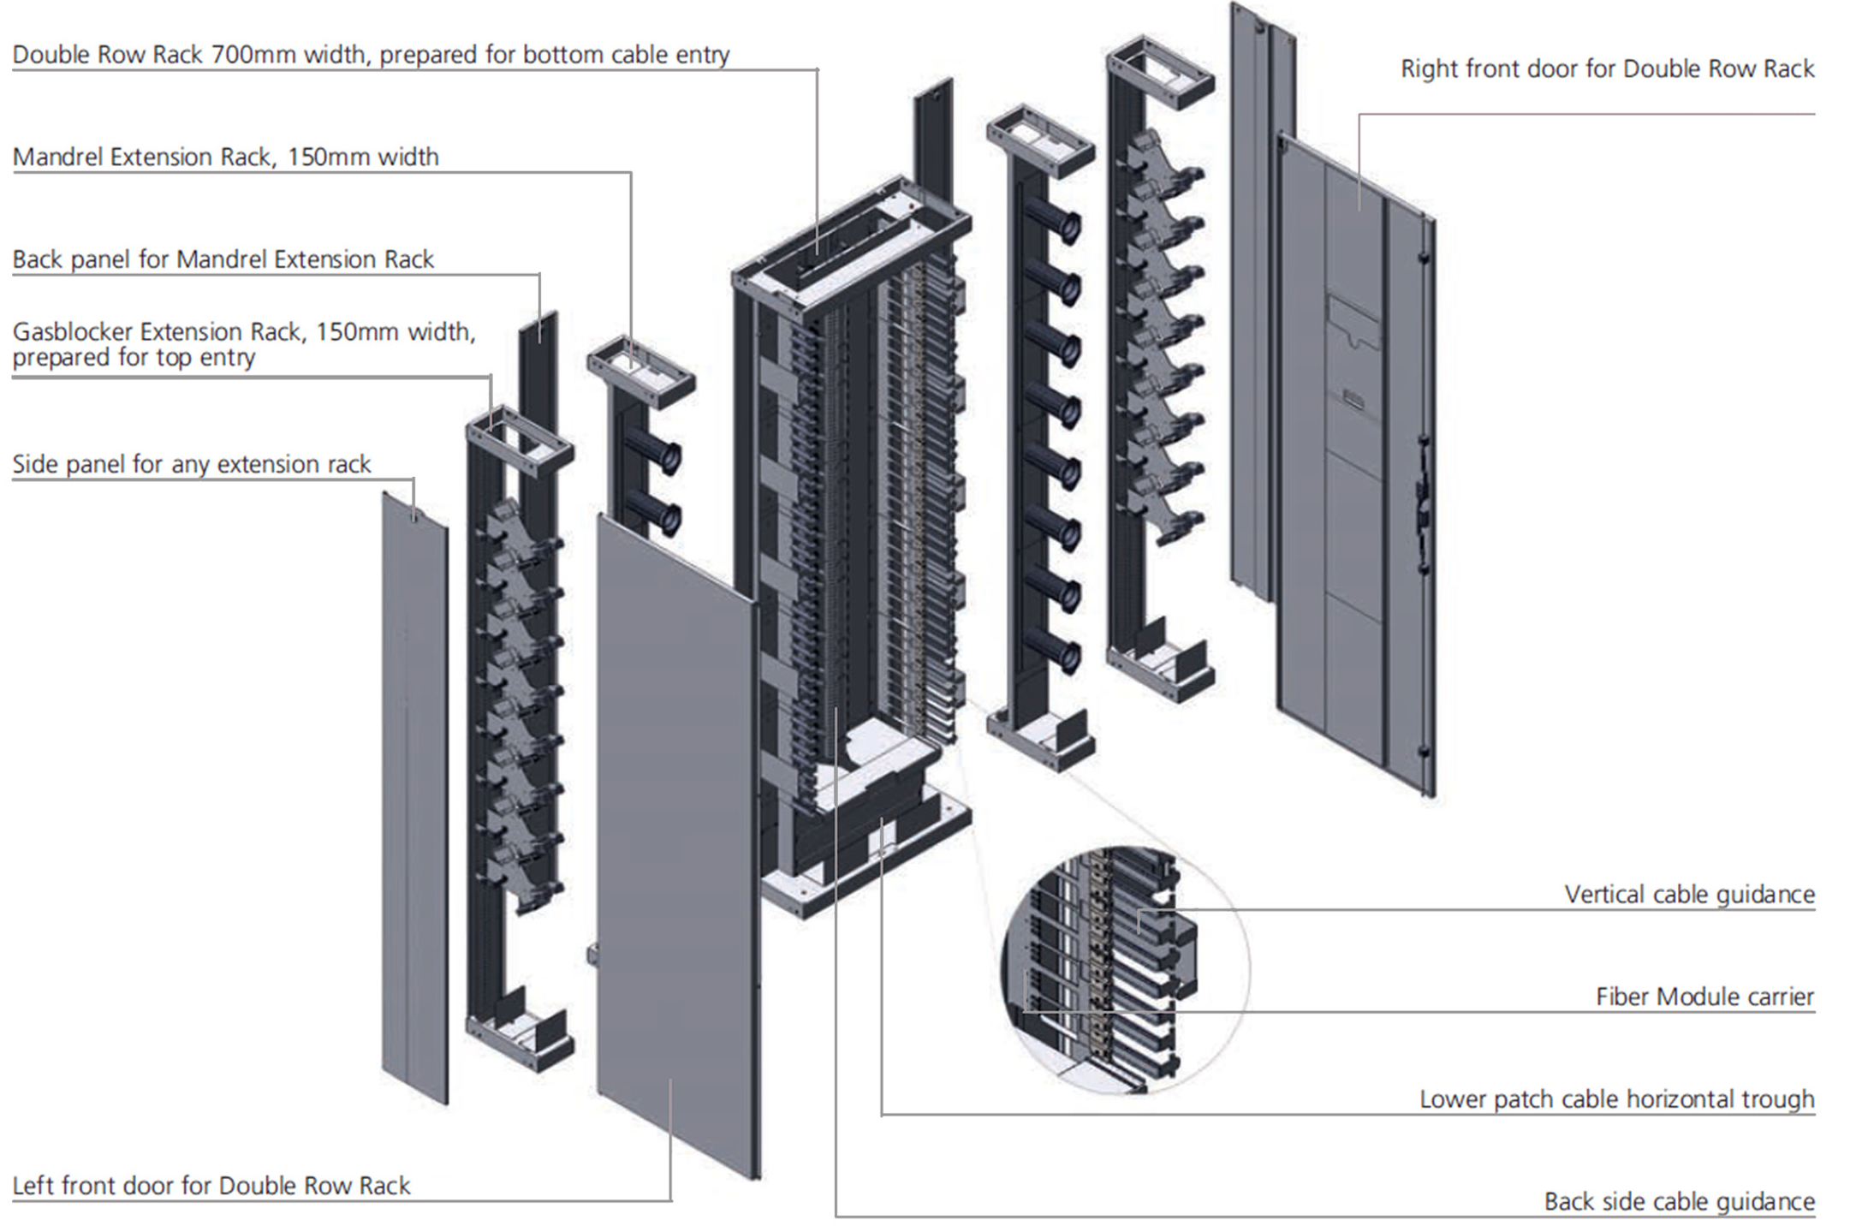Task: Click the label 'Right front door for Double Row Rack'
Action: point(1606,68)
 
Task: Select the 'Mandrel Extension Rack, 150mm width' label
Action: point(225,157)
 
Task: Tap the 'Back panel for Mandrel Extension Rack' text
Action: point(223,259)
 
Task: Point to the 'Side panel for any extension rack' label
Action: point(191,464)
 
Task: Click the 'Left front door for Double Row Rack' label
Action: point(211,1186)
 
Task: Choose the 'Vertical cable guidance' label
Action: point(1689,895)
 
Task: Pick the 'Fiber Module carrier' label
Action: point(1704,997)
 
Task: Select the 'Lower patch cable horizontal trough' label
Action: point(1616,1099)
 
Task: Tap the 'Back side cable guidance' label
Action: point(1679,1202)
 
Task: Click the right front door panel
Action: point(1353,462)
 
